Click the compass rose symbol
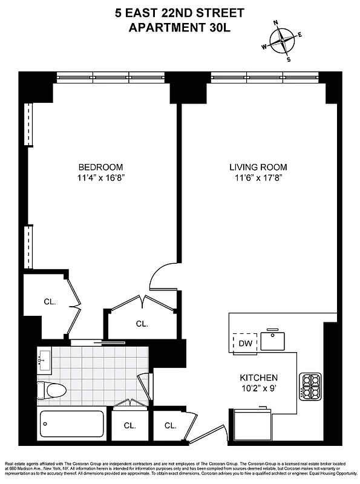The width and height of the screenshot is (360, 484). [x=283, y=41]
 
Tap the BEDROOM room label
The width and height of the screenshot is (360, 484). [x=101, y=167]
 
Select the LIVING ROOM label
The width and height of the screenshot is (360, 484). [x=258, y=167]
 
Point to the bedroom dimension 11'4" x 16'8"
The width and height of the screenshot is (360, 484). [x=101, y=178]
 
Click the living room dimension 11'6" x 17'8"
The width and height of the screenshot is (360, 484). [x=258, y=178]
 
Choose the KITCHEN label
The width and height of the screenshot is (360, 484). [x=258, y=377]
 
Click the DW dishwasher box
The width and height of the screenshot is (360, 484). [x=244, y=344]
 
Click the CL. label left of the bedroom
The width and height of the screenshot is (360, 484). [x=50, y=301]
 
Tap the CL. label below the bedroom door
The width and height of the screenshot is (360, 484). [x=142, y=324]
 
